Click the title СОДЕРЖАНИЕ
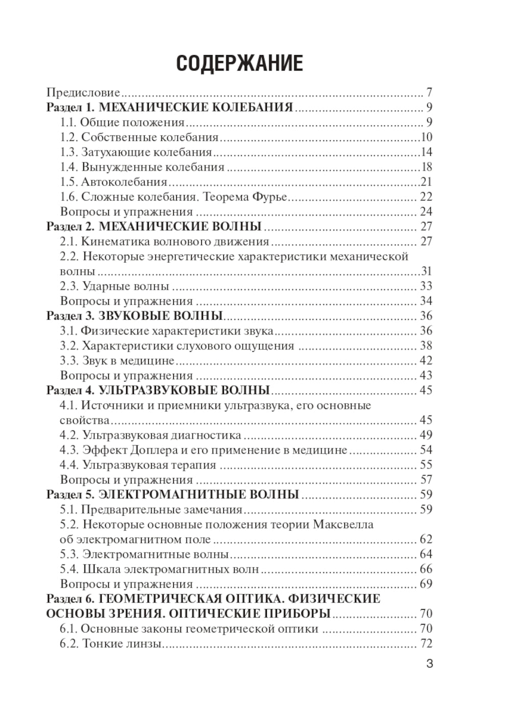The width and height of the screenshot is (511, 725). point(239,64)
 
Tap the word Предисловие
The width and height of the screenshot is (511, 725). point(83,93)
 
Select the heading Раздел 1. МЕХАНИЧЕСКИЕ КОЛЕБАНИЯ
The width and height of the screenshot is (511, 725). point(170,108)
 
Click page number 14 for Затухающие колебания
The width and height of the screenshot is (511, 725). point(426,152)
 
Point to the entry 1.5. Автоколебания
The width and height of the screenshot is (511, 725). point(113,182)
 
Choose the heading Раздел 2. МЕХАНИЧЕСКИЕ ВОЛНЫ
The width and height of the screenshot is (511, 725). point(154,226)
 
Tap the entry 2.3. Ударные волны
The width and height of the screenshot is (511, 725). point(114,286)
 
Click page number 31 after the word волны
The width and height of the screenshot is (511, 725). point(426,271)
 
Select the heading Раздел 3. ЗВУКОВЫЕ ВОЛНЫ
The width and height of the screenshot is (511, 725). point(134,316)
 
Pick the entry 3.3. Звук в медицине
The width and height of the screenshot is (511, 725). point(117,360)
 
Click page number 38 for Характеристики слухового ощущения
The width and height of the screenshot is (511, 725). point(426,346)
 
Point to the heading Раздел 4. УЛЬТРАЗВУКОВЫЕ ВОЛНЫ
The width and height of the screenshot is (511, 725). point(158,391)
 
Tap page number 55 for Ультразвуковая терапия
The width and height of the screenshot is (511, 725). point(426,465)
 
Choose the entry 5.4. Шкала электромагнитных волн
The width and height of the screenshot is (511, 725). point(159,569)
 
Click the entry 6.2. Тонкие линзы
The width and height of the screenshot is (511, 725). point(111,643)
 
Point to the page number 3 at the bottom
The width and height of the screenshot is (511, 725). point(429,664)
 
